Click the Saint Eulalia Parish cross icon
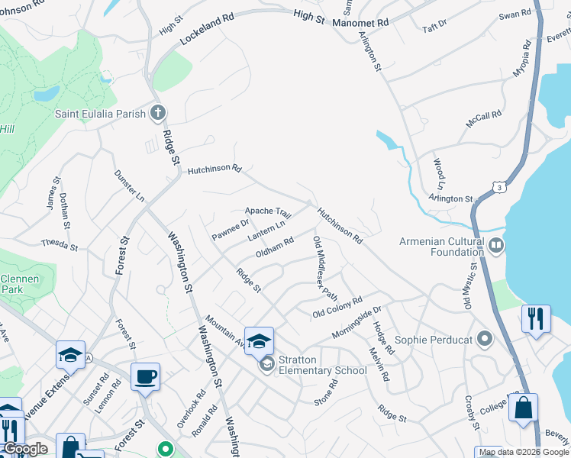tap(158, 114)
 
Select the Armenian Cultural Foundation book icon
tap(496, 245)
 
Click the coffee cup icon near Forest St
tap(145, 376)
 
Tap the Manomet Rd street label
tap(361, 23)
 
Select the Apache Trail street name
tap(268, 211)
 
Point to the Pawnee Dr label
tap(231, 229)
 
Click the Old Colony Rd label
tap(337, 308)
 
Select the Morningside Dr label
tap(356, 324)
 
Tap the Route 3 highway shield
tap(498, 185)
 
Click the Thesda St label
tap(60, 245)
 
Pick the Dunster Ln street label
tap(129, 185)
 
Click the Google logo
tap(25, 450)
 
